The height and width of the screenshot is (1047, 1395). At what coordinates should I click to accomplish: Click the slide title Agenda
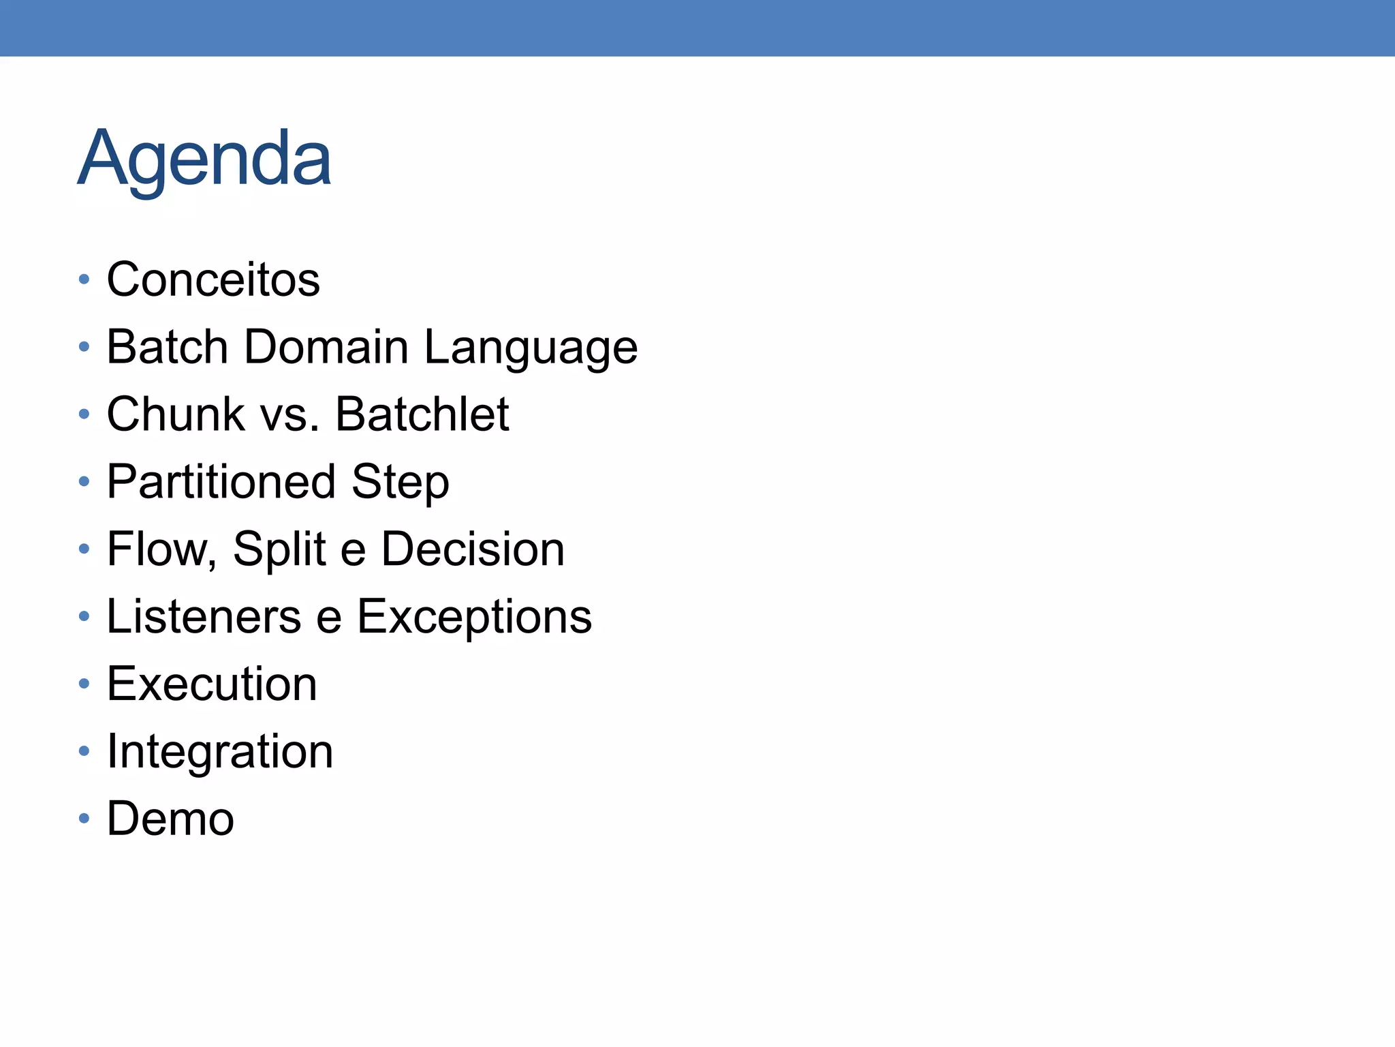204,158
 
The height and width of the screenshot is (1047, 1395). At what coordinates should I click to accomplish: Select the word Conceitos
213,279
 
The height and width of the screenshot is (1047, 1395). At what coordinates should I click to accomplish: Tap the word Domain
326,347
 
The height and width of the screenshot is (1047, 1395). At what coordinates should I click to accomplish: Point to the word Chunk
176,414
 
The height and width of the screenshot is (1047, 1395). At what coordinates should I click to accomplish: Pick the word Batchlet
422,414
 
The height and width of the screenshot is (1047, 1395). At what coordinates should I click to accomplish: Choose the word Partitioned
221,482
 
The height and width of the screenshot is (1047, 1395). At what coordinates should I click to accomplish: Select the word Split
279,549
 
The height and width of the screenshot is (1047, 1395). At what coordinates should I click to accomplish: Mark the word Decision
473,549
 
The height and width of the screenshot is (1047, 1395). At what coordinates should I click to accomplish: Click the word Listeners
204,617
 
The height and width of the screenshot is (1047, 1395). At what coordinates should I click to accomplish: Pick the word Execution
212,684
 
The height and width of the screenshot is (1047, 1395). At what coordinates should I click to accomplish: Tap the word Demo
170,819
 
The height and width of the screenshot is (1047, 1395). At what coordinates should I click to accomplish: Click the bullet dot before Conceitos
84,279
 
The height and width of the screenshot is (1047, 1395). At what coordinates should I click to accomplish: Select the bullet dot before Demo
84,818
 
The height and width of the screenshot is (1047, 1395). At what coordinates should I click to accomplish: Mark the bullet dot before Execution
84,683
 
